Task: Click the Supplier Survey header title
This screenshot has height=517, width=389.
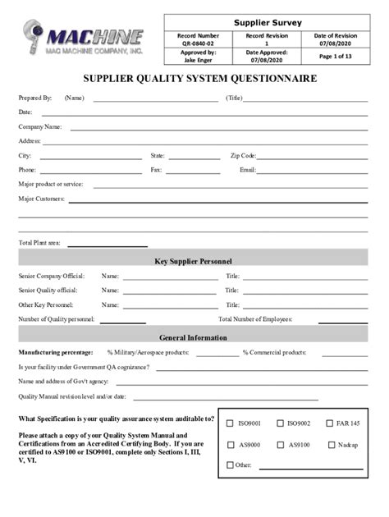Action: click(268, 22)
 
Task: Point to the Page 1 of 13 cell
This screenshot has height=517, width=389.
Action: click(335, 56)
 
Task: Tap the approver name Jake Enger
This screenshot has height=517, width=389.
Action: click(198, 60)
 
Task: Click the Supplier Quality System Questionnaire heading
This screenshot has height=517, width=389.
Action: click(194, 79)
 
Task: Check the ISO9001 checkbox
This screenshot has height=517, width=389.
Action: click(230, 423)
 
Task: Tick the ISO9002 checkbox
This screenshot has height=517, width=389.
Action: click(280, 423)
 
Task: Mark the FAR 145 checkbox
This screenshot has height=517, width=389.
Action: click(330, 423)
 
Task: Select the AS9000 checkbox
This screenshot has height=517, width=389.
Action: click(230, 445)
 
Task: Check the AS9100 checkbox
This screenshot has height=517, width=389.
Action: click(280, 445)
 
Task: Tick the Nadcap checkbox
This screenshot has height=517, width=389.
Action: click(330, 445)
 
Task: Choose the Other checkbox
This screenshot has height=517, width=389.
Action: click(230, 465)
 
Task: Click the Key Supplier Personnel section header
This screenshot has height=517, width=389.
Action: click(194, 262)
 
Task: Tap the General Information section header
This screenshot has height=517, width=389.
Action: click(194, 337)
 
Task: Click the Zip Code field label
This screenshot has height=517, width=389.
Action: click(244, 156)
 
